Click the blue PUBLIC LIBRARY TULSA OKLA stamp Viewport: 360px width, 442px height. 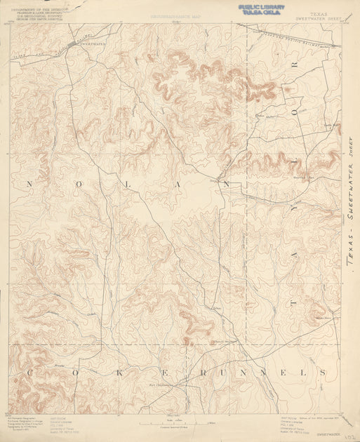261,9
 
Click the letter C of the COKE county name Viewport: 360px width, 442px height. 29,373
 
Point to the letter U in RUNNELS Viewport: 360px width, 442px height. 222,373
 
